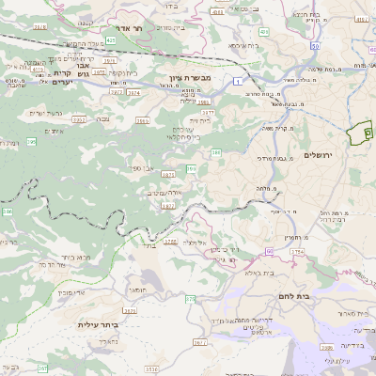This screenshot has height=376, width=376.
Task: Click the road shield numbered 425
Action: [111, 40]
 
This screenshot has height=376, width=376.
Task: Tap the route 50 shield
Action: [313, 45]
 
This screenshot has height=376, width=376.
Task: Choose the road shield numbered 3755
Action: [298, 251]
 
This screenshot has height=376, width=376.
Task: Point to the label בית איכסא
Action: [242, 44]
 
